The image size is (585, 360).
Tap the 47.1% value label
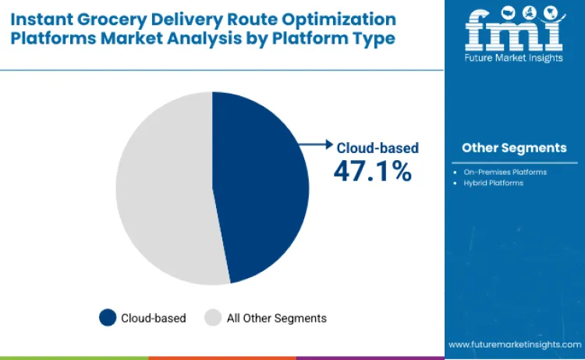(372, 170)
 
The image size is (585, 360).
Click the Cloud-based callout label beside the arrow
(378, 147)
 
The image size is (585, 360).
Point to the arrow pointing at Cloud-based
(316, 144)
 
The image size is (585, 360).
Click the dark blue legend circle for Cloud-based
(107, 318)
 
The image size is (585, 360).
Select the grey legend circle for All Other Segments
(212, 318)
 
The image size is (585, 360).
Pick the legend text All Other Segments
(276, 318)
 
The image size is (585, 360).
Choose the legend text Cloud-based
(153, 318)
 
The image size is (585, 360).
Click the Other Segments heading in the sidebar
(514, 148)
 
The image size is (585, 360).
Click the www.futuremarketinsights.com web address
(514, 344)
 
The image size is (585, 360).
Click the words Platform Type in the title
(330, 37)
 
